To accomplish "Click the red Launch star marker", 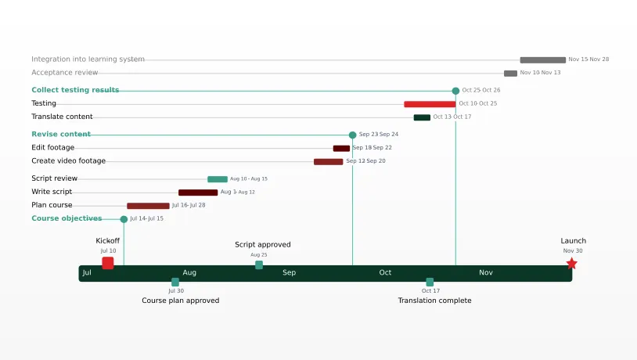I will click(571, 264).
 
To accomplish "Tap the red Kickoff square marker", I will click(108, 263).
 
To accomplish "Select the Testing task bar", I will click(430, 104).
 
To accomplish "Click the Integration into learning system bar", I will click(542, 59).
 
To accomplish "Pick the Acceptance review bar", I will click(510, 74).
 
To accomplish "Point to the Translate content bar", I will click(422, 117).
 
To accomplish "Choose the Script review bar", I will click(218, 179).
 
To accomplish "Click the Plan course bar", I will click(148, 206).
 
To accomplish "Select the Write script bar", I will click(198, 193).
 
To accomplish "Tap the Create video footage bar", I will click(328, 162).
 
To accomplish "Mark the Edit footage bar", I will click(341, 148).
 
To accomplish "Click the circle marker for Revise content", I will click(352, 135).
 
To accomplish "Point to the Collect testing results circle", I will click(455, 91).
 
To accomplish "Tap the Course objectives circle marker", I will click(124, 219).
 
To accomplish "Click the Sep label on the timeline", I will click(289, 273).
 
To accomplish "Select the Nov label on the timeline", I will click(486, 273).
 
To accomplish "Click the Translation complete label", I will click(434, 301).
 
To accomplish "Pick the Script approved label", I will click(262, 245).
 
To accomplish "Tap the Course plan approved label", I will click(180, 301).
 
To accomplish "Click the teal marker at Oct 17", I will click(430, 282).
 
